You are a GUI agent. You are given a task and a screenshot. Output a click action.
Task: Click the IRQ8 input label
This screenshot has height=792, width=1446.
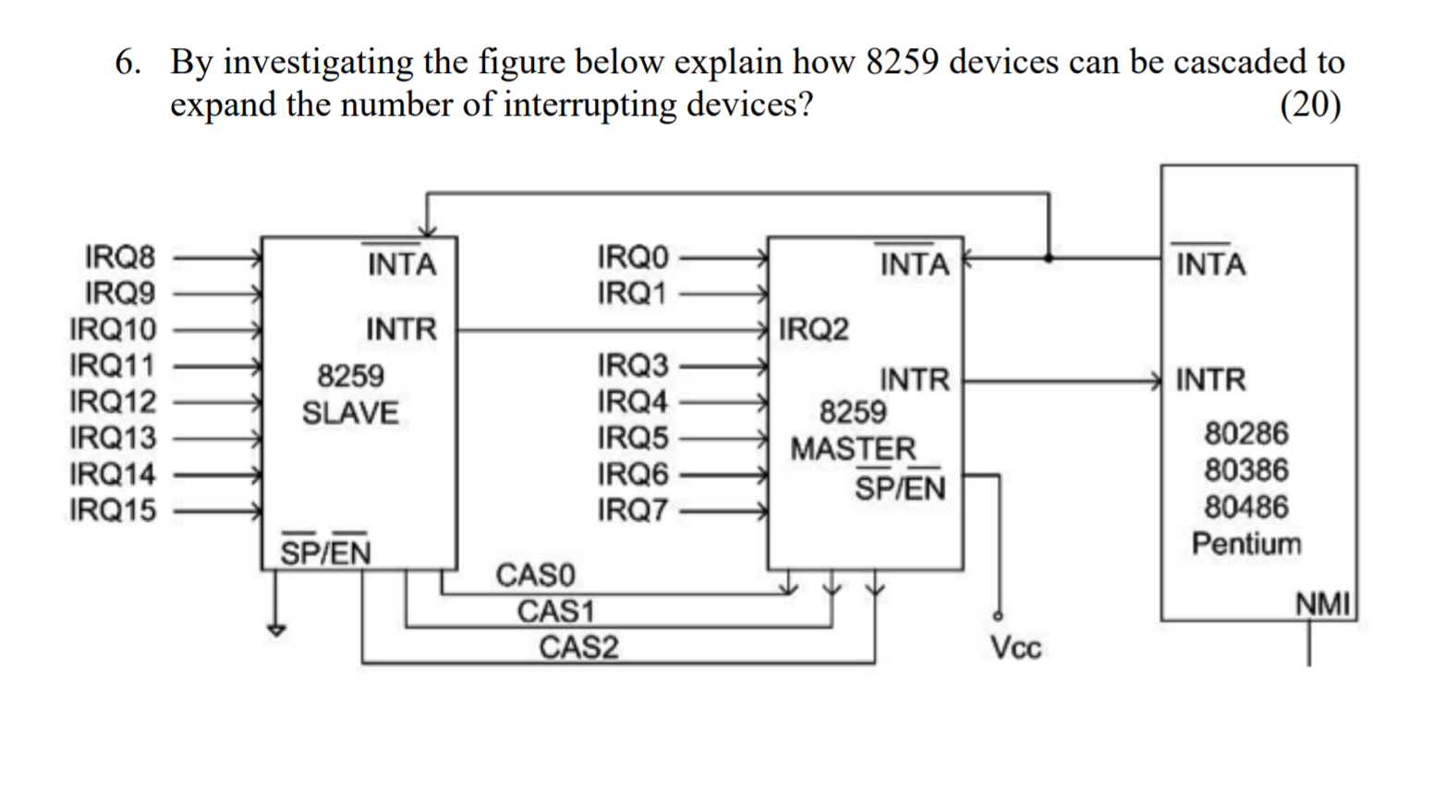[120, 256]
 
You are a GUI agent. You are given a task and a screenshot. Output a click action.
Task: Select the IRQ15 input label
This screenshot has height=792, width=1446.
[113, 510]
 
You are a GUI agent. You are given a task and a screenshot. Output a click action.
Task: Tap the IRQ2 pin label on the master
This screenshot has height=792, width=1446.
[813, 329]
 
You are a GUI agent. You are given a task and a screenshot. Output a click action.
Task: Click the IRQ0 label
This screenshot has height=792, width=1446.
[632, 256]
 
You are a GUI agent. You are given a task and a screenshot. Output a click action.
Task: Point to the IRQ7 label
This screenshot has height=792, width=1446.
[632, 510]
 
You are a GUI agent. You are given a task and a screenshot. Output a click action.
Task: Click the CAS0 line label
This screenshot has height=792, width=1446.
[535, 575]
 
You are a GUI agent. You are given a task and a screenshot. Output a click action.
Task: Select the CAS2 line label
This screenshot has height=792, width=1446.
[578, 648]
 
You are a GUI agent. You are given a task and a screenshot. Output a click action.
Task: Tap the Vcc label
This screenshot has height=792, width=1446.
[1015, 648]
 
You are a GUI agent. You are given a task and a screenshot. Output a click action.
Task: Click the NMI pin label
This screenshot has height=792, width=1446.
[1323, 605]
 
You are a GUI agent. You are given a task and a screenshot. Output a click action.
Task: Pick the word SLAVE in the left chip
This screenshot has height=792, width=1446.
[350, 413]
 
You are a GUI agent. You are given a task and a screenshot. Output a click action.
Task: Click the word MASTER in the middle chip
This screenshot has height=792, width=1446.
[853, 450]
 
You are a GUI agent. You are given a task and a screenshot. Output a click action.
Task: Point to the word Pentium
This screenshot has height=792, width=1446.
[1246, 543]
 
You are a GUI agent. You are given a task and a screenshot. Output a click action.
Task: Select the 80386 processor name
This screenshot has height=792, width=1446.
[1246, 470]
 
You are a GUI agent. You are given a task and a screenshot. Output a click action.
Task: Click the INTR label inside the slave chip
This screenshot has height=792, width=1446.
[401, 329]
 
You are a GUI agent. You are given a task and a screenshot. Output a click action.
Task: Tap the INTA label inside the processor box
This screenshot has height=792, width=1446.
[1210, 264]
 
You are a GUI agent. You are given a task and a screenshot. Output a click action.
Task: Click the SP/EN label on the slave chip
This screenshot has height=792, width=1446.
[325, 552]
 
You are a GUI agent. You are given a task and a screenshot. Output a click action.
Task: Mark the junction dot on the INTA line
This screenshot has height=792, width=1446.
[1048, 257]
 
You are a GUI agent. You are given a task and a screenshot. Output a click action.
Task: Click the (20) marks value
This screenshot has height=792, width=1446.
[1310, 104]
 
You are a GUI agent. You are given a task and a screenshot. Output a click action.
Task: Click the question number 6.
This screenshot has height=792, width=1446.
[128, 62]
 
